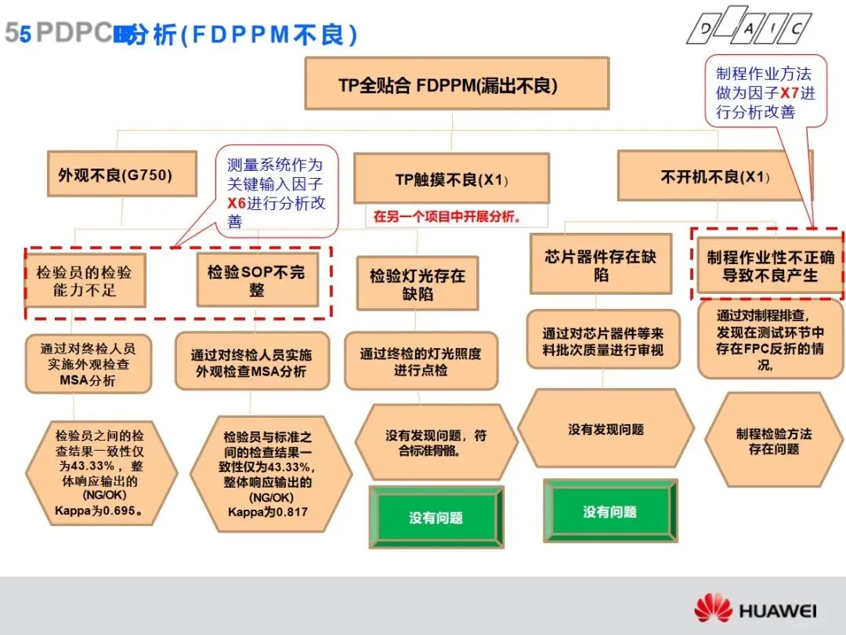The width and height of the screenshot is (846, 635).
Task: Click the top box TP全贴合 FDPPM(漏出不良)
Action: (457, 83)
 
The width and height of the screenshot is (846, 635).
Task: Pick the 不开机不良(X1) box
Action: (714, 176)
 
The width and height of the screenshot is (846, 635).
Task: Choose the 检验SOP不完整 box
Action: (257, 280)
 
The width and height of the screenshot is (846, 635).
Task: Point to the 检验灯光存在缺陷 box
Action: (417, 285)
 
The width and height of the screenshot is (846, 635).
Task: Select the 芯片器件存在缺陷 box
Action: (601, 265)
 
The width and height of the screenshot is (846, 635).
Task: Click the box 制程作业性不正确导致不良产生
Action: (770, 267)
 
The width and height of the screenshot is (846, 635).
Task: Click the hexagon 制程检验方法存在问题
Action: (774, 441)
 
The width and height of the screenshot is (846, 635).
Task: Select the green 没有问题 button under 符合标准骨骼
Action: (436, 517)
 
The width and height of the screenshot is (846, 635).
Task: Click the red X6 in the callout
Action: (237, 203)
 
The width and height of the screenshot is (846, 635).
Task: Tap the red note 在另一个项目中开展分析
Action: (448, 216)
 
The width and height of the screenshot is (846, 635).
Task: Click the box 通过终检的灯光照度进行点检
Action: (421, 361)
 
